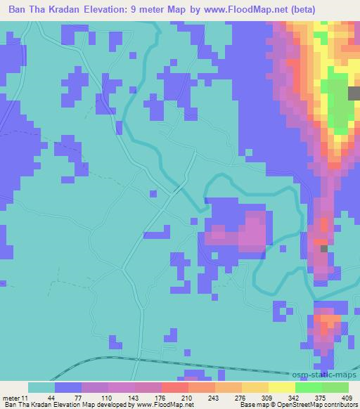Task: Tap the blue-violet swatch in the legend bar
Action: coord(67,387)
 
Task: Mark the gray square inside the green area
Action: coord(354,94)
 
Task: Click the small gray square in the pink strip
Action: coord(324,248)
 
